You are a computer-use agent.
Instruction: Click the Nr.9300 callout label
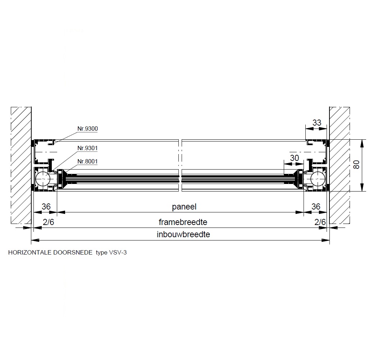(x=87, y=129)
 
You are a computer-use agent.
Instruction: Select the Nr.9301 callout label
(x=87, y=148)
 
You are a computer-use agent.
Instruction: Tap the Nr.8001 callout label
(x=87, y=161)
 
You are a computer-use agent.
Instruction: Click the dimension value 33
(x=317, y=122)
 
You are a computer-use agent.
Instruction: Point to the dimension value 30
(x=294, y=158)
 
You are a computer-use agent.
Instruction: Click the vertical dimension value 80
(x=356, y=165)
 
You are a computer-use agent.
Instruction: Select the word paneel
(x=184, y=207)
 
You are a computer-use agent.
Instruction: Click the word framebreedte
(x=183, y=222)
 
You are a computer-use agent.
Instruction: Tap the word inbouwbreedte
(x=183, y=234)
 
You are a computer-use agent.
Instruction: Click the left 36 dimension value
(x=46, y=207)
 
